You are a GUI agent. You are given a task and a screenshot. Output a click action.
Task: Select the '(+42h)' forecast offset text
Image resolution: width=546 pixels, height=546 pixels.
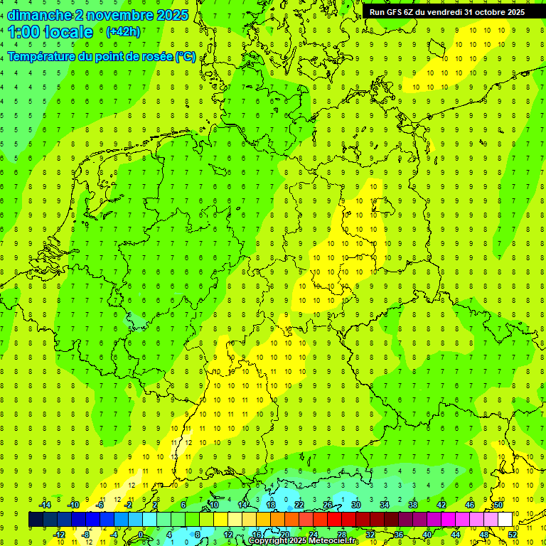[x=123, y=31]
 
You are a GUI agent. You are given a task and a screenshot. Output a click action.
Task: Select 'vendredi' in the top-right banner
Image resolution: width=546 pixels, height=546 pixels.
[x=441, y=12]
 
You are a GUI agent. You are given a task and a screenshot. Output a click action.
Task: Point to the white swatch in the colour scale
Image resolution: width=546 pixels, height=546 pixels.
[x=505, y=520]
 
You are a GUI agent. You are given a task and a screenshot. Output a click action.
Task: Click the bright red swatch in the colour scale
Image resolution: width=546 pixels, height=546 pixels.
[x=335, y=520]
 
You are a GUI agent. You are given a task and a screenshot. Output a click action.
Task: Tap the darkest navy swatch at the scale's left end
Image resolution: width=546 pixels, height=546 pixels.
[x=36, y=520]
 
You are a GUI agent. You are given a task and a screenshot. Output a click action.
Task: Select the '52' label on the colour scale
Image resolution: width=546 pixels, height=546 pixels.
[x=513, y=535]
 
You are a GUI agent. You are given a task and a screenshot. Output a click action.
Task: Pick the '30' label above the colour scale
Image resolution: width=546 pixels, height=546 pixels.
[x=355, y=505]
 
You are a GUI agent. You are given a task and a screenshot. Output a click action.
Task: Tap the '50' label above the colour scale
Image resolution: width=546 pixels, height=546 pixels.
[x=498, y=505]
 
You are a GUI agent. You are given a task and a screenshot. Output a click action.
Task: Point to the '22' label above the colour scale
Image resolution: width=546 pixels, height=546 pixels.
[x=299, y=505]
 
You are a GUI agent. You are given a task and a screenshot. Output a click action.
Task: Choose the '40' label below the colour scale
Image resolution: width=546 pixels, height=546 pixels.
[x=427, y=535]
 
